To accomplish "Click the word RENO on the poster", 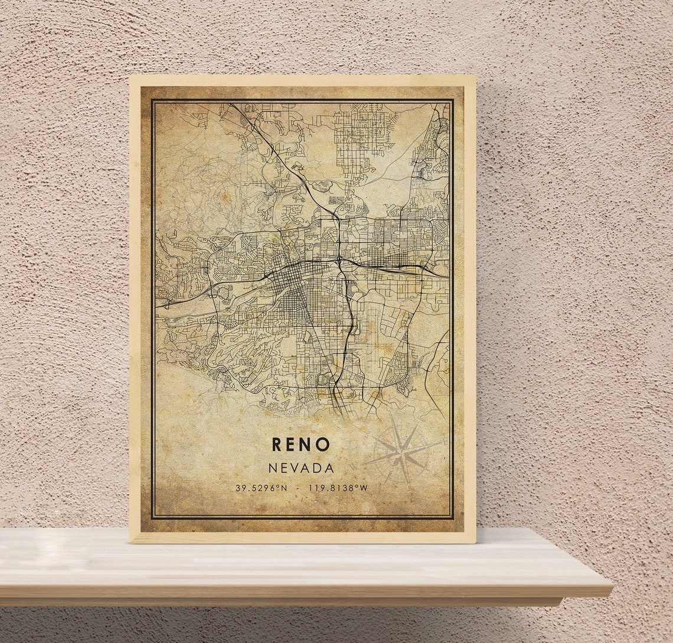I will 301,444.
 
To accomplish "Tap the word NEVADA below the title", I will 301,468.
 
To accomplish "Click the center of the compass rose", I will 401,454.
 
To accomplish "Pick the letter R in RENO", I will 277,444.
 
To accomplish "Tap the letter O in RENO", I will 323,444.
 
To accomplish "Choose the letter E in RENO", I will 292,444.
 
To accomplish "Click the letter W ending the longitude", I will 364,488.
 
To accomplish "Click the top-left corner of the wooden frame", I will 130,76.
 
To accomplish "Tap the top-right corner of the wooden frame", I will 475,76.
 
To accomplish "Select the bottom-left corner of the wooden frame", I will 130,542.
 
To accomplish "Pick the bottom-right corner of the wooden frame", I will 475,542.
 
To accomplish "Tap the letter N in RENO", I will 307,444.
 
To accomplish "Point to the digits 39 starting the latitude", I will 240,488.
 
